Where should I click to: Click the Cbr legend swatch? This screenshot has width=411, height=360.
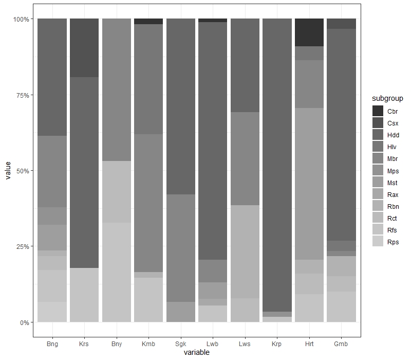click(x=378, y=111)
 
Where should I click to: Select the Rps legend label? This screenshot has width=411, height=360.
click(x=393, y=242)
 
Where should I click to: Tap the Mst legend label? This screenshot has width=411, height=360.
click(x=392, y=183)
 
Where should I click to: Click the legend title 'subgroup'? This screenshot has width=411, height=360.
click(x=387, y=98)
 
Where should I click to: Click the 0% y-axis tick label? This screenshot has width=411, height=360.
click(x=24, y=322)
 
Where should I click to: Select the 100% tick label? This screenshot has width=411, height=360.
click(x=21, y=19)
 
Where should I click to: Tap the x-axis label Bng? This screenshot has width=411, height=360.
click(x=52, y=344)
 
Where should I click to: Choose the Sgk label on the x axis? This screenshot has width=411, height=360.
click(x=181, y=344)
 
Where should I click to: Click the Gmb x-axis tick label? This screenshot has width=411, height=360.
click(x=341, y=344)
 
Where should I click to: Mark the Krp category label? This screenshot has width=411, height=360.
click(x=276, y=344)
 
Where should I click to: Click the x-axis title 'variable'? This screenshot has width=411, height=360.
click(x=197, y=352)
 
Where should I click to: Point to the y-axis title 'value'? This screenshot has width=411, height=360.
click(x=8, y=171)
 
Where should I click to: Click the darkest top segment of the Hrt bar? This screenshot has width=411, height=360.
click(x=309, y=32)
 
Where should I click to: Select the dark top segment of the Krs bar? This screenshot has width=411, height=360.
click(x=84, y=48)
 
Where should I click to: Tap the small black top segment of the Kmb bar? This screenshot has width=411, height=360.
click(x=148, y=21)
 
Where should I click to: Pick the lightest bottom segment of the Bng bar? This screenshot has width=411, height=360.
click(x=52, y=312)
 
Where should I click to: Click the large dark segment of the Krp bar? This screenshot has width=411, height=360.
click(x=277, y=165)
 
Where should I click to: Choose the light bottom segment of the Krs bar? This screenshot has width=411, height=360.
click(x=84, y=295)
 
